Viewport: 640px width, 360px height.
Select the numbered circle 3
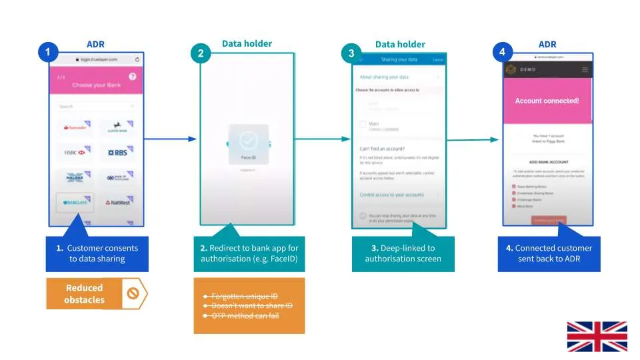(352, 54)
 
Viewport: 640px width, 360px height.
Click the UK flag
(597, 336)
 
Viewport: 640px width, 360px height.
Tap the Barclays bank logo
(75, 201)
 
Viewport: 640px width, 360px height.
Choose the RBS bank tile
(117, 153)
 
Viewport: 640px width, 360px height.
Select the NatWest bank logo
(117, 201)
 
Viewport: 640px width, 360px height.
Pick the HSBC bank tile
(75, 153)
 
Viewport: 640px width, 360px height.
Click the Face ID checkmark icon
(248, 140)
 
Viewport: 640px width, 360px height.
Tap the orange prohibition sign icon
(133, 293)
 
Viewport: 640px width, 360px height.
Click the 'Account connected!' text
(547, 101)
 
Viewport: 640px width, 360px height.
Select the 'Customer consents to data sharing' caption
(97, 253)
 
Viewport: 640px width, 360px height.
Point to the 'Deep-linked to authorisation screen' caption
(403, 253)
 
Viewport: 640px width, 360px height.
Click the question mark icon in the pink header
(132, 77)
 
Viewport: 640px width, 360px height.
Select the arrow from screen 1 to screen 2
(170, 139)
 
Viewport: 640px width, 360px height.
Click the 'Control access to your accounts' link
(392, 195)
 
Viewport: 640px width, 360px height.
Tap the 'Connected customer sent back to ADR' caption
(549, 253)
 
